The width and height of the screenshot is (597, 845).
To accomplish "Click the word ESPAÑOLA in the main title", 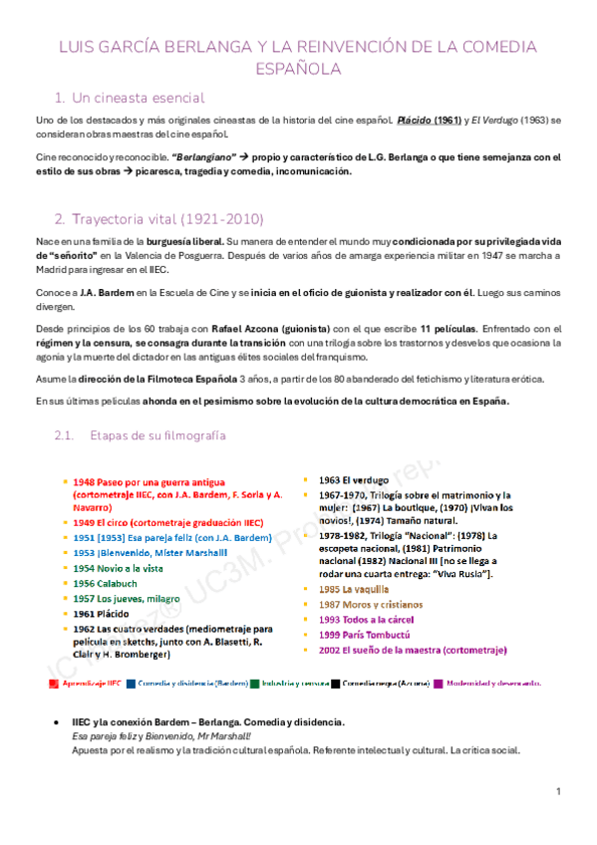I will [298, 69].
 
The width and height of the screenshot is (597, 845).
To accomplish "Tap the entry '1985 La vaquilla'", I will [357, 589].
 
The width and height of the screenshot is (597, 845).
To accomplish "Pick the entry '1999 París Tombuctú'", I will [365, 635].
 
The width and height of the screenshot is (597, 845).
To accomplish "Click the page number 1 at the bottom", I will [560, 790].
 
